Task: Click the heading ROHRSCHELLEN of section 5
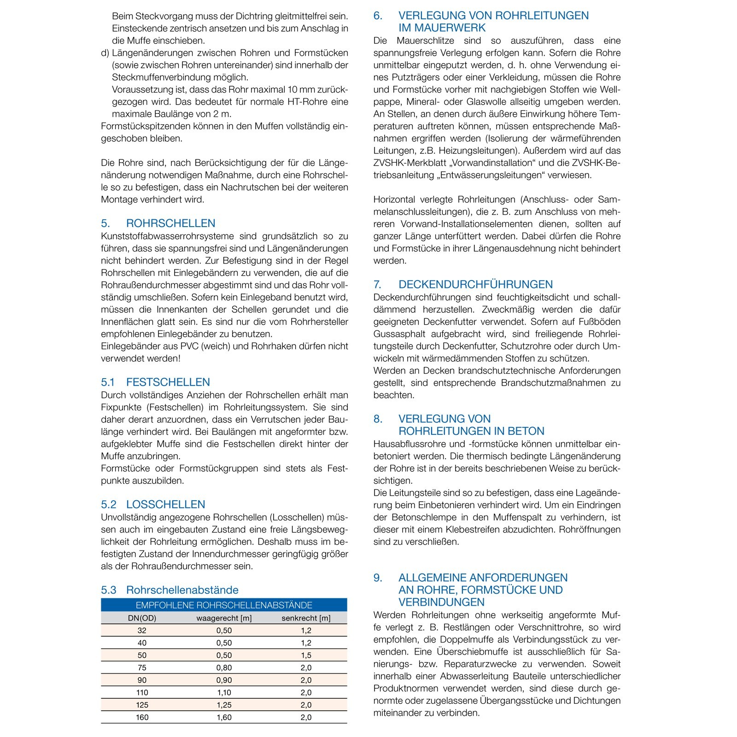[x=170, y=223]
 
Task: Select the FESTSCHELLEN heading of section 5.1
[x=168, y=382]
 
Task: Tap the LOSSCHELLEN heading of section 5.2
[x=165, y=504]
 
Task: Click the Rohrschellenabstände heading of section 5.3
[x=182, y=590]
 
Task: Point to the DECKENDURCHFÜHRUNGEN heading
[x=475, y=285]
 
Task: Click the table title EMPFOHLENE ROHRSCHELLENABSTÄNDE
[x=224, y=605]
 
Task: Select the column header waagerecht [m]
[x=224, y=618]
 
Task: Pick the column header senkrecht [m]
[x=306, y=618]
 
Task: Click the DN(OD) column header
[x=142, y=618]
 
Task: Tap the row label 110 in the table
[x=142, y=693]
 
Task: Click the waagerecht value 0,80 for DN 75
[x=224, y=668]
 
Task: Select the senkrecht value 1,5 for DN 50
[x=306, y=655]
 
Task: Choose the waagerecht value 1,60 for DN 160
[x=224, y=717]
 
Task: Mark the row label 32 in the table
[x=142, y=631]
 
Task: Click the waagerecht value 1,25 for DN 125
[x=224, y=705]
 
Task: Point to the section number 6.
[x=378, y=16]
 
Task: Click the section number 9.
[x=378, y=578]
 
